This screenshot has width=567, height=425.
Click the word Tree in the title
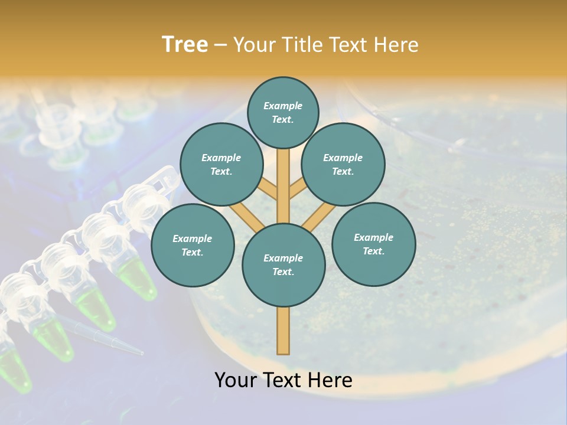tap(185, 45)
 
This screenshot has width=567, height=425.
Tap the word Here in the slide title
tap(395, 45)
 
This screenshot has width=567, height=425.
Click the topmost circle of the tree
tap(283, 112)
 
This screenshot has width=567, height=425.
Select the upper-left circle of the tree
tap(221, 164)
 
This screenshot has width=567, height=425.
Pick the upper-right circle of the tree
tap(343, 164)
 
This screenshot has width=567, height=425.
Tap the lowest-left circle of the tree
tap(193, 245)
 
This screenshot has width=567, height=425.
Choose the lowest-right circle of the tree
tap(373, 244)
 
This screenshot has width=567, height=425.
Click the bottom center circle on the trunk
tap(283, 264)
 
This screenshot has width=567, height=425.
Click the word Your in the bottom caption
tap(236, 380)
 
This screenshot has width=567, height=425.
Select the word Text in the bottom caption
tap(284, 380)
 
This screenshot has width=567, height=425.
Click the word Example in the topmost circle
tap(283, 106)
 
